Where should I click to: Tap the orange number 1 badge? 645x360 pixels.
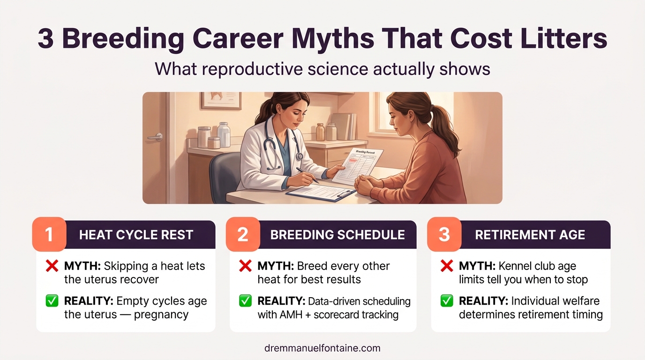(49, 234)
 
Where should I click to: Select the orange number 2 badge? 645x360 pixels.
(243, 234)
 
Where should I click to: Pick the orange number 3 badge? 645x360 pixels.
(444, 234)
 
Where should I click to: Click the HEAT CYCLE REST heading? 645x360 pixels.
(136, 235)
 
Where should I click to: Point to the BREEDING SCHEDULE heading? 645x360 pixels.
(337, 235)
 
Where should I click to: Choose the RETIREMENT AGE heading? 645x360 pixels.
(530, 235)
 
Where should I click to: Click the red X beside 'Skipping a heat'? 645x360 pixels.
(52, 267)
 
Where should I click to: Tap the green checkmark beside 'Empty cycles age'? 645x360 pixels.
(52, 301)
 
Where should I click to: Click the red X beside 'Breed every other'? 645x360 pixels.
(245, 267)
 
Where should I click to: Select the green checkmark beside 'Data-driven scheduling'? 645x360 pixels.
(245, 301)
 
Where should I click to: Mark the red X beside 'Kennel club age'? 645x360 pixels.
(447, 267)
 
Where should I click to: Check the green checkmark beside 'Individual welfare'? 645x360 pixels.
(447, 301)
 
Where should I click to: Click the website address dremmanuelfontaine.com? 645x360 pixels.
(322, 348)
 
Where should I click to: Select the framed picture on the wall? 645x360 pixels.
(220, 100)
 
